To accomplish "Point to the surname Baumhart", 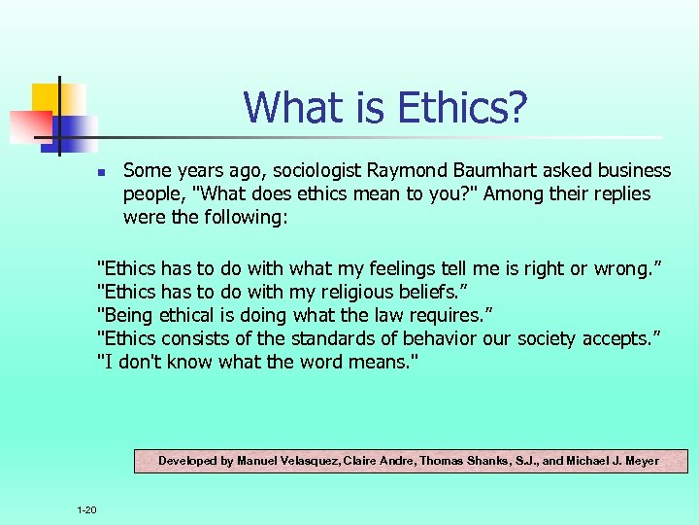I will click(489, 171).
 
